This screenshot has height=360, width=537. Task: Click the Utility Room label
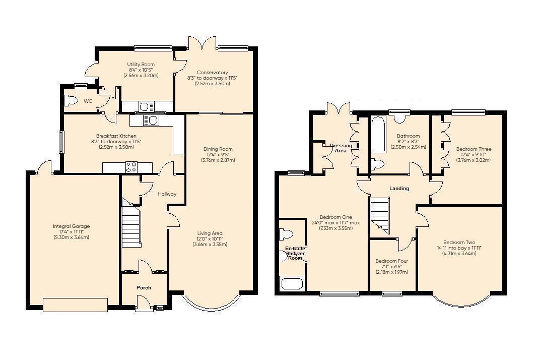click(x=141, y=65)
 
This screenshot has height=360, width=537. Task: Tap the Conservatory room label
click(x=213, y=72)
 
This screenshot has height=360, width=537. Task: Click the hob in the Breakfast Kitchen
click(x=131, y=167)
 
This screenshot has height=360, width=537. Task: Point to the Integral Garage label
click(x=71, y=226)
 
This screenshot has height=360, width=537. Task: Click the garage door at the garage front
click(x=76, y=305)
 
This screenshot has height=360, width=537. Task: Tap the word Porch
click(x=144, y=288)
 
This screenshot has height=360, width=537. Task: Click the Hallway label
click(x=167, y=194)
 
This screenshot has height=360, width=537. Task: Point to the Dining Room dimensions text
click(x=218, y=157)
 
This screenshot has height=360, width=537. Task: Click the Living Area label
click(x=209, y=233)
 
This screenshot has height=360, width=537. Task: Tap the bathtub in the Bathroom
click(x=378, y=134)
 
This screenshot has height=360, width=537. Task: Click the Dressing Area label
click(x=341, y=148)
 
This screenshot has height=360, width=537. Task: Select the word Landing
click(x=399, y=189)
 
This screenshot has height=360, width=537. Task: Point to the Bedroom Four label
click(x=392, y=261)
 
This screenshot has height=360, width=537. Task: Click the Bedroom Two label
click(x=459, y=243)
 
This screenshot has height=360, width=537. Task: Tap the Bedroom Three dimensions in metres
click(x=474, y=160)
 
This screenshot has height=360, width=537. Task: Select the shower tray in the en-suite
click(x=292, y=284)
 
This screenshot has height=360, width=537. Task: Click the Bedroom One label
click(x=335, y=217)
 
